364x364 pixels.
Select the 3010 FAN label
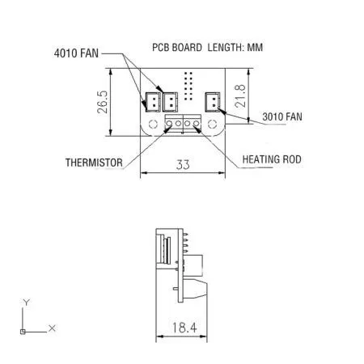282,117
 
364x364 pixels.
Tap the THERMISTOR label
94,163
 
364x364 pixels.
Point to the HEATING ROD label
272,160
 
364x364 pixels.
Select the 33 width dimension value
183,165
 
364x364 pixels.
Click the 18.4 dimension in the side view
184,328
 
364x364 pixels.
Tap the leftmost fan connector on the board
152,101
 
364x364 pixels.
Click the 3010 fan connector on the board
213,101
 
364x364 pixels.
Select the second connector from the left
171,101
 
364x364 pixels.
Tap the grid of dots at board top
188,84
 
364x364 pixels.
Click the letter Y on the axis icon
26,302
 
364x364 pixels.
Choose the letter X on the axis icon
52,328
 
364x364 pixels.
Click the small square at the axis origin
23,331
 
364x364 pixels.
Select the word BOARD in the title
188,48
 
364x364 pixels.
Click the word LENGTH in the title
230,48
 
